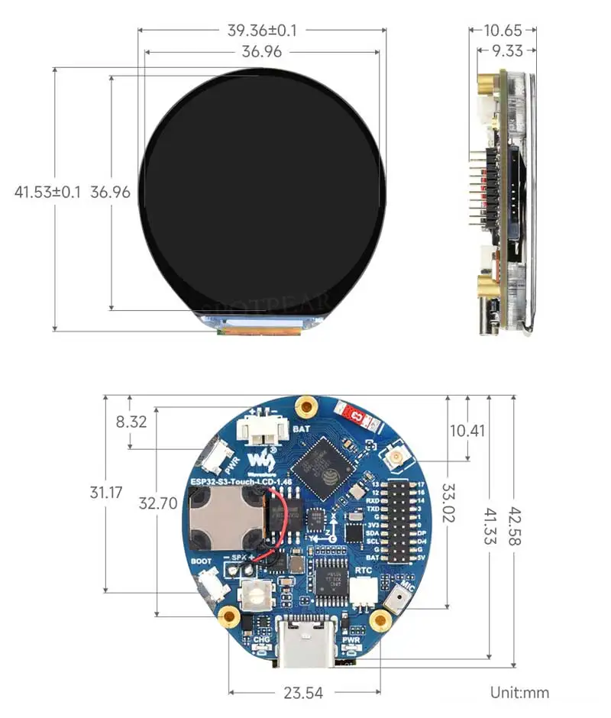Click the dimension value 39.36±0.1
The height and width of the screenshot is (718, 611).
tap(262, 31)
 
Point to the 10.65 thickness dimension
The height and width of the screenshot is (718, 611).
tap(503, 31)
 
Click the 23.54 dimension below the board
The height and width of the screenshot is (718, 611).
tap(303, 693)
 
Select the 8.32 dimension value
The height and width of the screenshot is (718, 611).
tap(129, 422)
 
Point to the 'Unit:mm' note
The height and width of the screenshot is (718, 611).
tap(519, 693)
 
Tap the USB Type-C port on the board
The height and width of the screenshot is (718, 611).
tap(305, 640)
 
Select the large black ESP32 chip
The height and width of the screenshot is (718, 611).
tap(323, 461)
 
